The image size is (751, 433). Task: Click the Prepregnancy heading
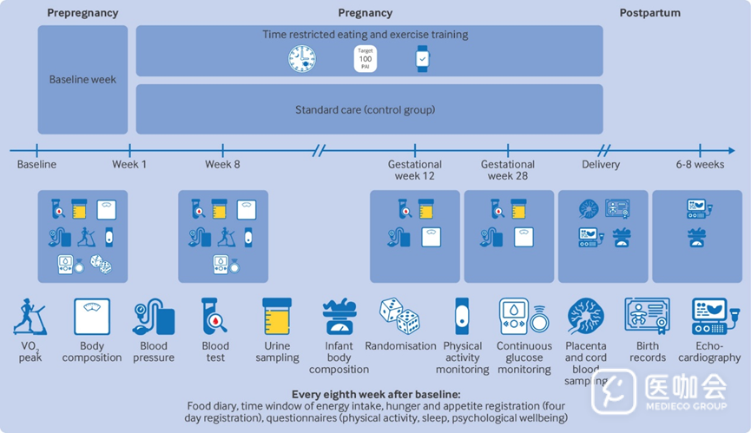tap(82, 13)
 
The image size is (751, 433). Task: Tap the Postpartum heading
tap(649, 13)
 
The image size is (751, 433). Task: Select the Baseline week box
tap(82, 80)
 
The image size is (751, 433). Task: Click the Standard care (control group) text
tap(365, 110)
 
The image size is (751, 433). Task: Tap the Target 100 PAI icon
tap(366, 59)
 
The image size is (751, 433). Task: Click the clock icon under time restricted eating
tap(302, 59)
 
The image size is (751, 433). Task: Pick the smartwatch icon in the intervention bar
tap(422, 59)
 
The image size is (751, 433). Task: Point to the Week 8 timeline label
tap(222, 164)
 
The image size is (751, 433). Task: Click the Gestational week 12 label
tap(414, 170)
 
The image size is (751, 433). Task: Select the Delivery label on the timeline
tap(601, 164)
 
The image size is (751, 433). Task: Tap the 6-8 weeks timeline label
tap(700, 164)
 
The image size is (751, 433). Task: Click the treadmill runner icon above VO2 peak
tap(29, 316)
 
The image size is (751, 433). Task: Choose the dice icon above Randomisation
tap(399, 316)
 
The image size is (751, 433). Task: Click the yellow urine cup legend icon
tap(277, 316)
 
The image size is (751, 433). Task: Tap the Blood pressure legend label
tap(154, 351)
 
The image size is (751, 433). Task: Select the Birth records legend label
tap(648, 351)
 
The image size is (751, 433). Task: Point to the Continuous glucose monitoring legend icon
tap(524, 316)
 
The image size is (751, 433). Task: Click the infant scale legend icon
tap(339, 316)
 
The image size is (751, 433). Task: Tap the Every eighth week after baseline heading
tap(375, 394)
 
